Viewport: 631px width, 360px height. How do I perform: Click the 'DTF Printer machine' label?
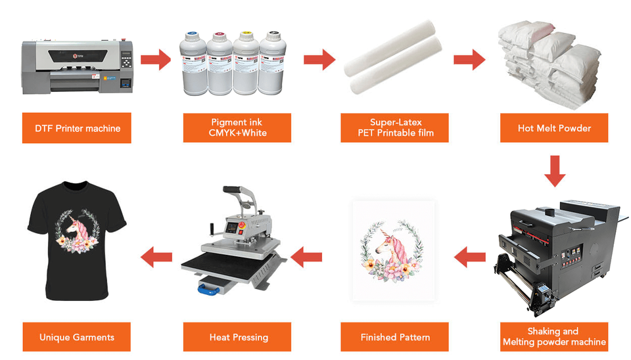point(78,129)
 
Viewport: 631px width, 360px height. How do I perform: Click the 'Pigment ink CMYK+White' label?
point(237,128)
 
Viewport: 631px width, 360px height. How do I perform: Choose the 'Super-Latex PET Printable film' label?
point(394,128)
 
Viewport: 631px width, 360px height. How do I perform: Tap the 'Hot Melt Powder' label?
point(553,128)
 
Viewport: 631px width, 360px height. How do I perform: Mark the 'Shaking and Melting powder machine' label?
point(553,337)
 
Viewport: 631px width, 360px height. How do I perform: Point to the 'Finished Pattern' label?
point(394,337)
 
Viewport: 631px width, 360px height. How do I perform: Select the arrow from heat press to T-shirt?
point(158,256)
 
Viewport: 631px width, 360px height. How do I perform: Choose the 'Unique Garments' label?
point(77,337)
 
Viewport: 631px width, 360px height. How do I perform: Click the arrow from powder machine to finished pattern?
point(469,256)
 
